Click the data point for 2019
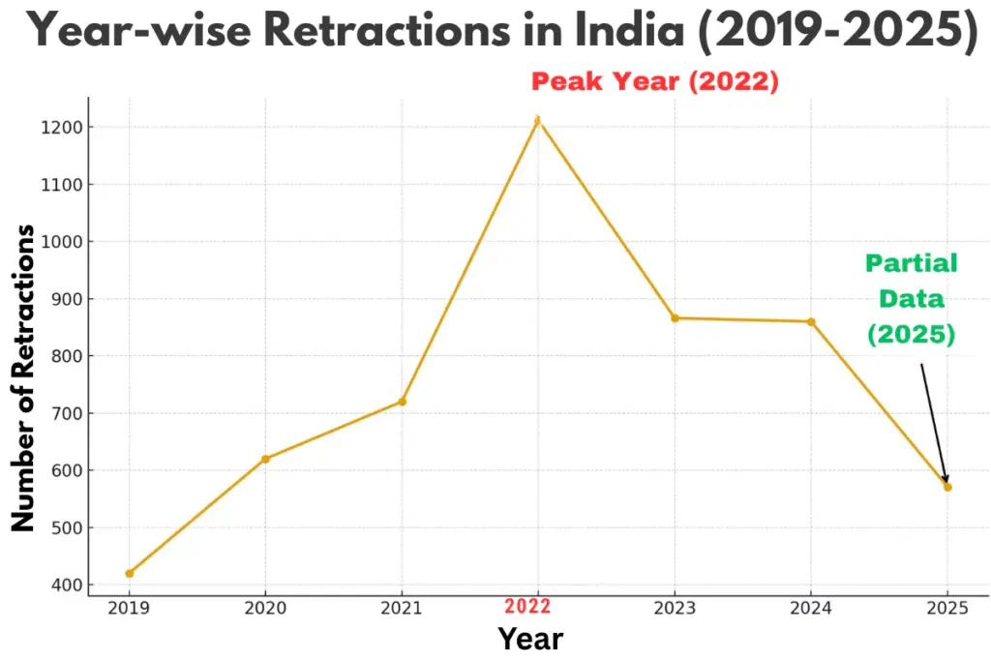[130, 573]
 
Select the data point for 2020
[265, 459]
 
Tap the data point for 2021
[402, 402]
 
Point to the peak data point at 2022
[538, 120]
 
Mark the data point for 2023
[675, 318]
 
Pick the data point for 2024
[811, 321]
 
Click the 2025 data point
[947, 487]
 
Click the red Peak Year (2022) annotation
[655, 81]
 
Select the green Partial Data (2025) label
[911, 298]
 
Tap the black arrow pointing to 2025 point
[934, 422]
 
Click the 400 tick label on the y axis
[64, 586]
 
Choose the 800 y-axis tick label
[64, 356]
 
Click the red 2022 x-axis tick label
[527, 607]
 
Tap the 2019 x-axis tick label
[129, 608]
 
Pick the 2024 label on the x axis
[811, 608]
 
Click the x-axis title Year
[529, 639]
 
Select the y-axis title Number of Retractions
[23, 377]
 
